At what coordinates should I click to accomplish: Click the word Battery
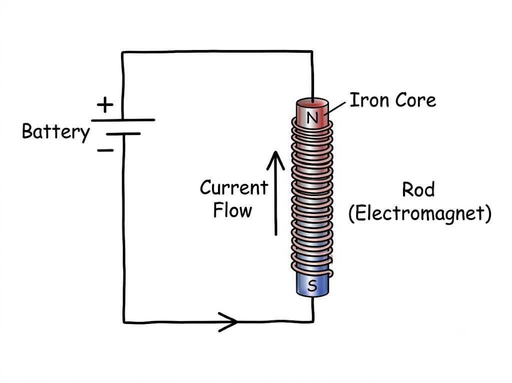pos(56,132)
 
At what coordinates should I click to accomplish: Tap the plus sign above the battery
pos(105,105)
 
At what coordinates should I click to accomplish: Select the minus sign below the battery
pos(105,150)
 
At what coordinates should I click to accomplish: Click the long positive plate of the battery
pos(123,120)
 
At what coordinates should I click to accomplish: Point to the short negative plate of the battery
pos(123,134)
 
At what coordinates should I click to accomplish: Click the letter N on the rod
pos(312,117)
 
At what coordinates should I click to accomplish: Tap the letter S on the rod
pos(312,285)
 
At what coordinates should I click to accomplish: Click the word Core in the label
pos(415,100)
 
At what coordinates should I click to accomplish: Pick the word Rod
pos(418,189)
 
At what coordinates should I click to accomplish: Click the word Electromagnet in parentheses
pos(420,213)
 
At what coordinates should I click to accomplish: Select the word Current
pos(234,187)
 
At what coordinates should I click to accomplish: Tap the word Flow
pos(232,210)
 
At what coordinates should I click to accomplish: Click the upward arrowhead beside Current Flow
pos(276,160)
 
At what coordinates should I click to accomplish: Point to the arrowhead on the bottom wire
pos(228,322)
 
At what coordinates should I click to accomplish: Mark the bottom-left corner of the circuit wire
pos(124,322)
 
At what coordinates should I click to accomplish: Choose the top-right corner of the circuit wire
pos(312,51)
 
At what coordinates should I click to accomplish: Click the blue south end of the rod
pos(312,284)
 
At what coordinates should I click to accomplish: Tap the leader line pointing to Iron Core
pos(334,107)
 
